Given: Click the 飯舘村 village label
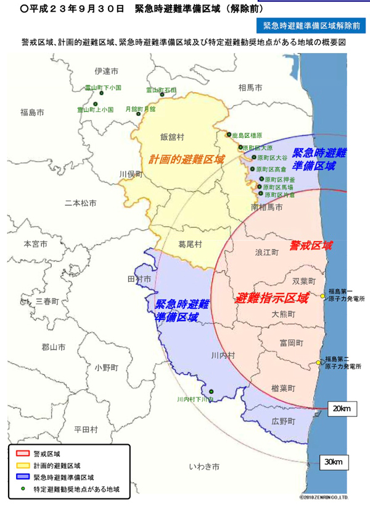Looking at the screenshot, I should point(172,137).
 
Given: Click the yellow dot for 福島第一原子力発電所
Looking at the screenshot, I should point(323,296).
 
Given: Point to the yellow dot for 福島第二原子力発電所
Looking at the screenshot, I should point(319,362).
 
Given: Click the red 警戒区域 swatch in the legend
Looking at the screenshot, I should point(23,453).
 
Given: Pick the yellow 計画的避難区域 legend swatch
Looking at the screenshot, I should point(23,465).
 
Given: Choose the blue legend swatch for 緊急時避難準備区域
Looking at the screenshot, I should point(23,477).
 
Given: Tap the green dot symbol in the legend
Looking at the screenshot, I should point(23,489).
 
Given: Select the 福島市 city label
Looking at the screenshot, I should point(32,112).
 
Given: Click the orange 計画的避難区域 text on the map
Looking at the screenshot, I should point(186,159).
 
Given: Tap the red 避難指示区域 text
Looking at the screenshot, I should point(272,298).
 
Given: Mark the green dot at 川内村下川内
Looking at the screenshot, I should point(211,391).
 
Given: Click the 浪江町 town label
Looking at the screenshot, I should point(267,253).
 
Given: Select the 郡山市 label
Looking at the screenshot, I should point(54,347).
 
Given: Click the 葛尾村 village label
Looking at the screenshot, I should point(190,245).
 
